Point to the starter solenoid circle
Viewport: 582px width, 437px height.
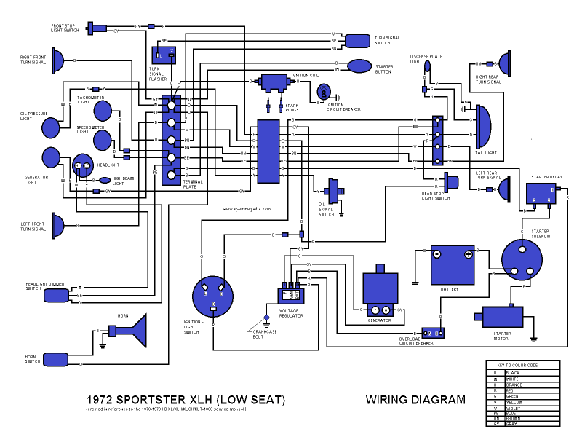[x=522, y=259]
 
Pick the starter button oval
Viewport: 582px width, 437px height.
[x=360, y=67]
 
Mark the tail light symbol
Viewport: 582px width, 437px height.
[x=482, y=124]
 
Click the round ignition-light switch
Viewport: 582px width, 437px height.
[x=212, y=297]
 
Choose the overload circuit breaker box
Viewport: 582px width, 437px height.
[x=434, y=331]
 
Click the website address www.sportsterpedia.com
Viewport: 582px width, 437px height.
[x=247, y=209]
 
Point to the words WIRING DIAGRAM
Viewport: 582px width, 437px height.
[x=415, y=400]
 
